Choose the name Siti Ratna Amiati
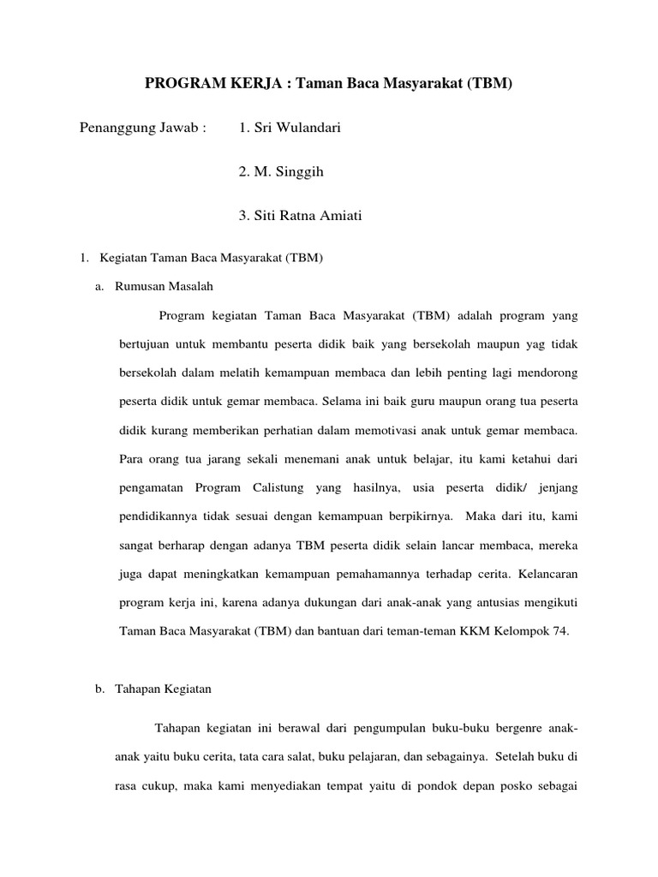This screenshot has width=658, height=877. pos(300,216)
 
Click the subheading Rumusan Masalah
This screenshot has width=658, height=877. pos(164,286)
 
